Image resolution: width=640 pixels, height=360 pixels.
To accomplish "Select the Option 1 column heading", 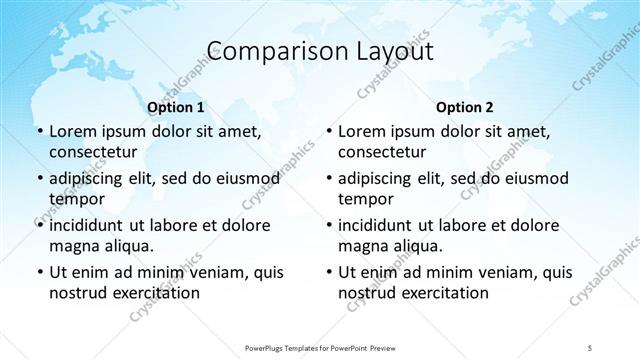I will (176, 107).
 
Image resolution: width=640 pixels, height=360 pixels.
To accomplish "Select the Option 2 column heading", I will (465, 107).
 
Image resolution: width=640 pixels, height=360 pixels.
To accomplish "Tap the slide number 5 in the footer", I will (590, 347).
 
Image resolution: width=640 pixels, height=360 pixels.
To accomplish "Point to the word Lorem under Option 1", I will (73, 131).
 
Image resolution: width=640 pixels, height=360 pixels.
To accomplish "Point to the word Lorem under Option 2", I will (362, 131).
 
